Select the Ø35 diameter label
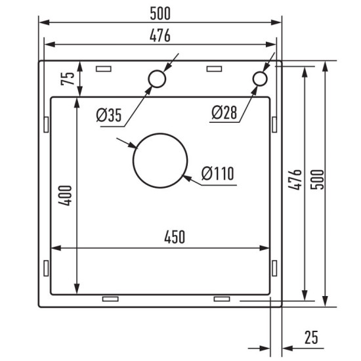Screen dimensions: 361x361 [108, 116]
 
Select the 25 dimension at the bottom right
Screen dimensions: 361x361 [310, 337]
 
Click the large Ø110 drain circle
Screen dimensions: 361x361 [160, 160]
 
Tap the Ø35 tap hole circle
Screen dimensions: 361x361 [158, 79]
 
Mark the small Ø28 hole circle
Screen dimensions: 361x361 [260, 79]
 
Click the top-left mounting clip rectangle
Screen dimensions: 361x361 [104, 68]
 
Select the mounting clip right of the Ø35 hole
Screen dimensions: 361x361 [215, 68]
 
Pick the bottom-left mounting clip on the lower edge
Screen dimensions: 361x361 [110, 299]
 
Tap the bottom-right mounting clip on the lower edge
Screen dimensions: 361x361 [222, 299]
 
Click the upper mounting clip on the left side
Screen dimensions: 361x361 [45, 123]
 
